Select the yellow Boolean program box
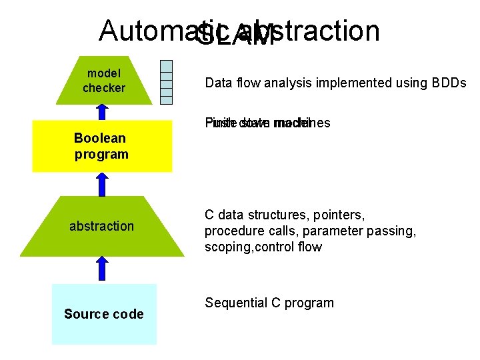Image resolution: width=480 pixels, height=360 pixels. coord(102,146)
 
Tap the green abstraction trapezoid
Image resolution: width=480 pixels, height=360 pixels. coord(102,227)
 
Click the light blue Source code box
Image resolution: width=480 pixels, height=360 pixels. coord(104,314)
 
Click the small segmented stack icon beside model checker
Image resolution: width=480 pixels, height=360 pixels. coord(167,82)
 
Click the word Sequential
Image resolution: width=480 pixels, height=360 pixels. coord(235,303)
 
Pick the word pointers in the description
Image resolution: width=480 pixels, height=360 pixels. coord(360,215)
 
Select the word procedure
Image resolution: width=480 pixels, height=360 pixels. coord(233,231)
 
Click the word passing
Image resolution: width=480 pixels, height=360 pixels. coord(393,231)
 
